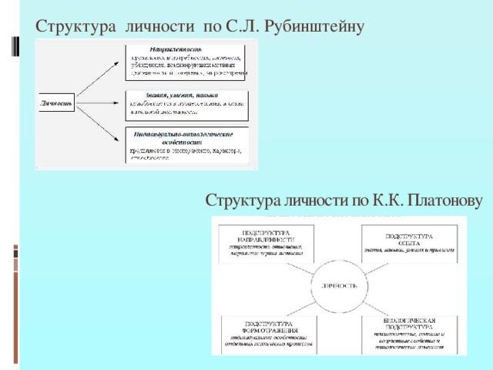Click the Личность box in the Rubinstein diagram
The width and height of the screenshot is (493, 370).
[x=57, y=103]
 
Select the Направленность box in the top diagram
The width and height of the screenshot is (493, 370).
[x=187, y=62]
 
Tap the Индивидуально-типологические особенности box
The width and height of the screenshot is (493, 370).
[x=187, y=144]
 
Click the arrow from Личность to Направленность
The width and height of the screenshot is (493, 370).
[x=100, y=79]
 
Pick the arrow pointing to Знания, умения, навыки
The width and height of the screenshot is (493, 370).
[x=100, y=103]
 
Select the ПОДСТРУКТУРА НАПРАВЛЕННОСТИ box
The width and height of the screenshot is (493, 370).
[x=266, y=244]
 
